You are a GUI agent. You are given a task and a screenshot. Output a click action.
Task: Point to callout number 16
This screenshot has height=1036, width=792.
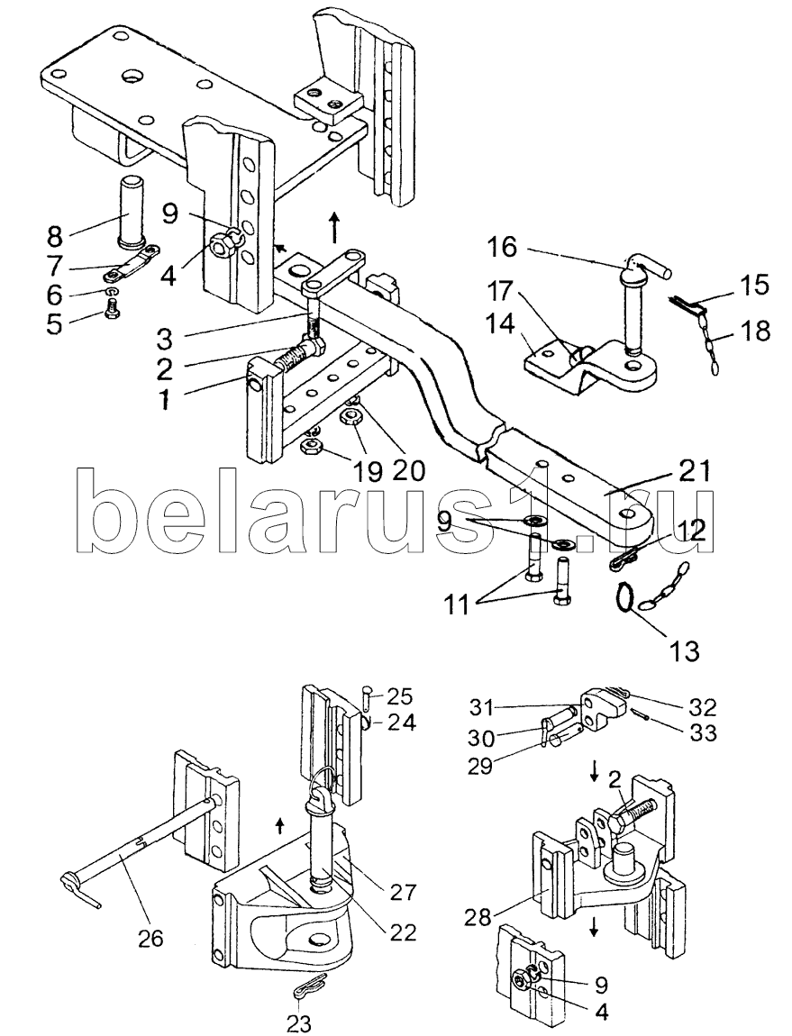click(x=503, y=249)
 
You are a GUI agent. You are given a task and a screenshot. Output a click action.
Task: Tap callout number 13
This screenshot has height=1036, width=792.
click(x=683, y=651)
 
